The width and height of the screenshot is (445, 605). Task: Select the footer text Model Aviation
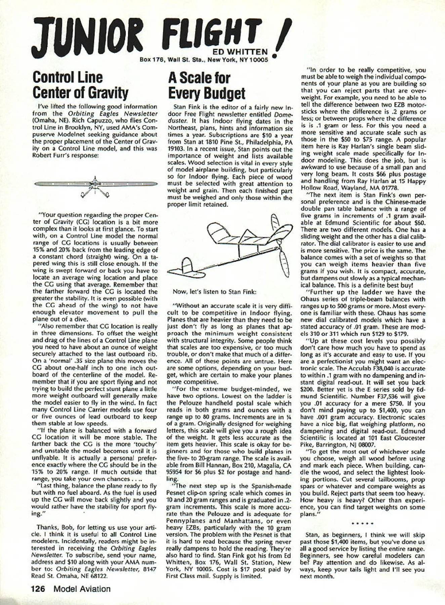point(82,589)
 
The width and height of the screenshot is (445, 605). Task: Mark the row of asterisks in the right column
point(363,524)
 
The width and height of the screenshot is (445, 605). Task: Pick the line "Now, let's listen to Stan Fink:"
point(214,291)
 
